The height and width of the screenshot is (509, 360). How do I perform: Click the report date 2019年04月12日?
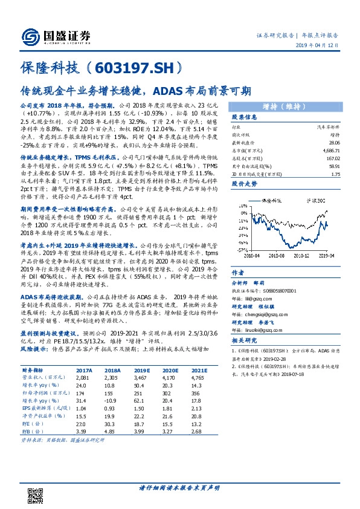327,46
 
